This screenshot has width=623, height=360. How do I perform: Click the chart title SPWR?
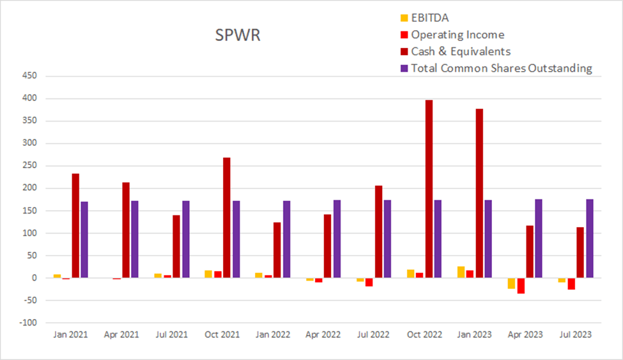pyautogui.click(x=238, y=36)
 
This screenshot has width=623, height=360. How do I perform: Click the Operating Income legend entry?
pyautogui.click(x=457, y=35)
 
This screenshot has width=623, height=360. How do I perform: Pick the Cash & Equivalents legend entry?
pyautogui.click(x=460, y=51)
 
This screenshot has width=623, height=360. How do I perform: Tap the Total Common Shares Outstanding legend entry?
pyautogui.click(x=501, y=68)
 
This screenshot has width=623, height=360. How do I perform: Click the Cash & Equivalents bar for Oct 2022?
pyautogui.click(x=429, y=189)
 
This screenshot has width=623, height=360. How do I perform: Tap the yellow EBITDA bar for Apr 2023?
pyautogui.click(x=511, y=283)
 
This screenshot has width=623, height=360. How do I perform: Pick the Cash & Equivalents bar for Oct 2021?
pyautogui.click(x=227, y=217)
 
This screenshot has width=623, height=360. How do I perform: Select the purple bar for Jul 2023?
pyautogui.click(x=590, y=239)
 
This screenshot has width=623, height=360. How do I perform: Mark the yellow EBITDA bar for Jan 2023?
pyautogui.click(x=461, y=272)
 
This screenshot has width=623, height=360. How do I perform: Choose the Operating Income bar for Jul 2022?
pyautogui.click(x=369, y=282)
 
